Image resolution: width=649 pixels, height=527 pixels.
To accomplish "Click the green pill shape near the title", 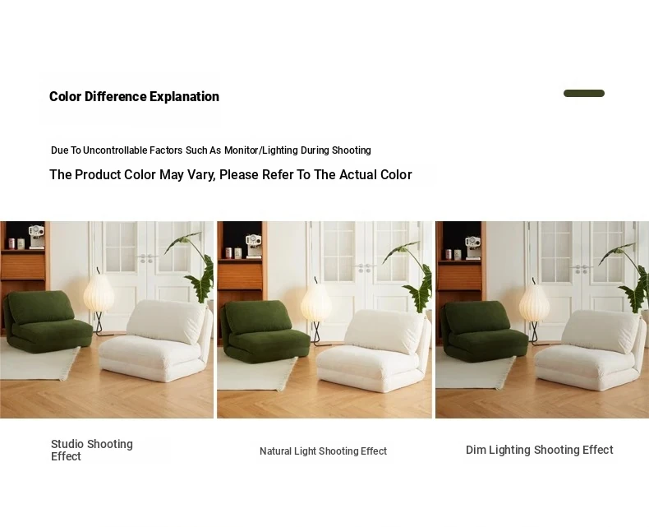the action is click(x=583, y=93).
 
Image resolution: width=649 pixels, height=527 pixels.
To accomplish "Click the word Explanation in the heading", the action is click(x=184, y=96).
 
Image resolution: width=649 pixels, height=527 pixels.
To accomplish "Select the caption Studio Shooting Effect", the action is click(x=92, y=451).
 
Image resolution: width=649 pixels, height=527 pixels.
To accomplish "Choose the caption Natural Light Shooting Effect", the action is click(x=323, y=451).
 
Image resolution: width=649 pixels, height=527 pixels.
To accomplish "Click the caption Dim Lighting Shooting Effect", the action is click(x=539, y=450).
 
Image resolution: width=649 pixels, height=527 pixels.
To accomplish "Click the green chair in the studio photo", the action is click(x=47, y=321).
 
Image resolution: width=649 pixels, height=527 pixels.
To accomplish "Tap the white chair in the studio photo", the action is click(x=157, y=340).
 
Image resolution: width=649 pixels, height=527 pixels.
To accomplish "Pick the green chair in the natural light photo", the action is click(x=265, y=331).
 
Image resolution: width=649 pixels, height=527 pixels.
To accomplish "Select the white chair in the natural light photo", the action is click(x=374, y=350).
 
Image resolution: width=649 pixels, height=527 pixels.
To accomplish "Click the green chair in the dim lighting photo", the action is click(x=483, y=332).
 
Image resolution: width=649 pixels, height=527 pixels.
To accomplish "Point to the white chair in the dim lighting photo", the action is click(x=591, y=350).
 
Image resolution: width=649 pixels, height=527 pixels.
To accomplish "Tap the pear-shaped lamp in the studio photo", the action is click(x=99, y=300).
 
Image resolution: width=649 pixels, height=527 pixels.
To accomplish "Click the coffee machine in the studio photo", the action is click(x=36, y=237).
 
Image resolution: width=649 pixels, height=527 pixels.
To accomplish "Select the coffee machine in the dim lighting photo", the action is click(x=472, y=247).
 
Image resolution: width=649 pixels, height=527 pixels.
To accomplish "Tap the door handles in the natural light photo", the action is click(x=364, y=268).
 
